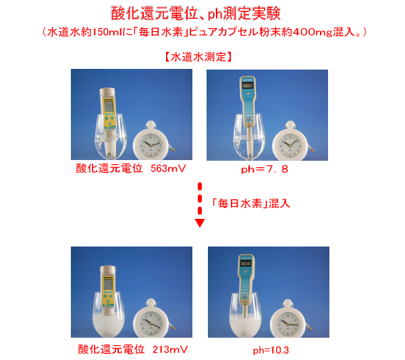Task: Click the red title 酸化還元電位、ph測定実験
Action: point(196,13)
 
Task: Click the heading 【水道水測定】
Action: point(198,57)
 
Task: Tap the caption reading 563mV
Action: point(168,168)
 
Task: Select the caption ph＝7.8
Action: point(265,170)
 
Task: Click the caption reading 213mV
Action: point(170,349)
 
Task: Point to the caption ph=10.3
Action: point(271,350)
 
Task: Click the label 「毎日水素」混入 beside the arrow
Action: point(250,203)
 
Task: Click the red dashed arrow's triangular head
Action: point(200,223)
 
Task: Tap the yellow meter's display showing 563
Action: point(109,106)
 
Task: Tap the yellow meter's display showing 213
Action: point(108,284)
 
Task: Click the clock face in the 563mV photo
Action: point(151,145)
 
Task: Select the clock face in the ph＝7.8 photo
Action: point(290,145)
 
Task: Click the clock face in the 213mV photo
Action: point(150,324)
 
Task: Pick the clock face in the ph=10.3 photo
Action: point(287,324)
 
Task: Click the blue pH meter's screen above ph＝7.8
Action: point(247,85)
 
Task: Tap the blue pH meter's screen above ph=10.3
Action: point(246,263)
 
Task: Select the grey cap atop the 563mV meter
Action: point(107,91)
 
